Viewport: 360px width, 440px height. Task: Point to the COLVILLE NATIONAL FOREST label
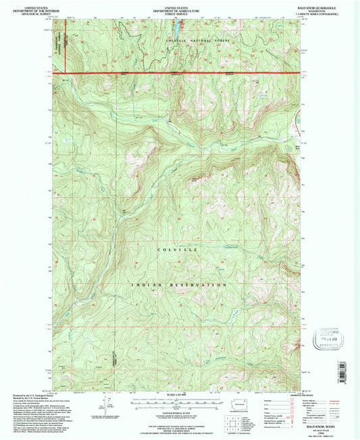tap(195, 42)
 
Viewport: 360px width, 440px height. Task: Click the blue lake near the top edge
tap(174, 30)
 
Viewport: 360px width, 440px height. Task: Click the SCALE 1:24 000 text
tap(178, 395)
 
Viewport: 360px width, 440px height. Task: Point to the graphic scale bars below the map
tap(178, 403)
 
